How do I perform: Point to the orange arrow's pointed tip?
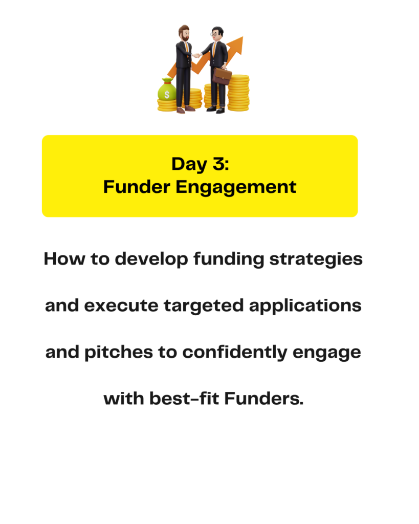[x=242, y=37]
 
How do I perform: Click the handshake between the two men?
[x=196, y=55]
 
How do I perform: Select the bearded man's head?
[x=184, y=33]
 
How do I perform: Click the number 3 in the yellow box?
[x=219, y=164]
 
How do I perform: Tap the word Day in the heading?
[x=189, y=164]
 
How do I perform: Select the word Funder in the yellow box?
[x=137, y=186]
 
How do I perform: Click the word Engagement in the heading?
[x=236, y=187]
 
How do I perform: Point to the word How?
[x=64, y=258]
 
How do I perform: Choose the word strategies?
[x=316, y=259]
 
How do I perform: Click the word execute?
[x=121, y=305]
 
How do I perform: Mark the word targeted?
[x=204, y=306]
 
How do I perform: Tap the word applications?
[x=305, y=305]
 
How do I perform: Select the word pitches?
[x=119, y=352]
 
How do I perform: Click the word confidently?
[x=234, y=352]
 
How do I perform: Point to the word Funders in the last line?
[x=264, y=398]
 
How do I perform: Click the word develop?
[x=151, y=259]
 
